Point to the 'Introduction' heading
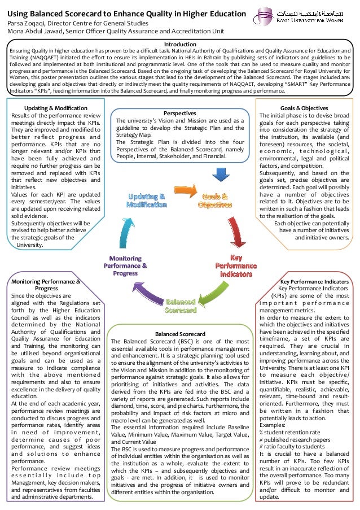pyautogui.click(x=179, y=44)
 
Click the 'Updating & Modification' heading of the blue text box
pyautogui.click(x=55, y=108)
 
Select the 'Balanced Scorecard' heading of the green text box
pyautogui.click(x=179, y=334)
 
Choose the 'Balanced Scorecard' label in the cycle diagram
pyautogui.click(x=180, y=306)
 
